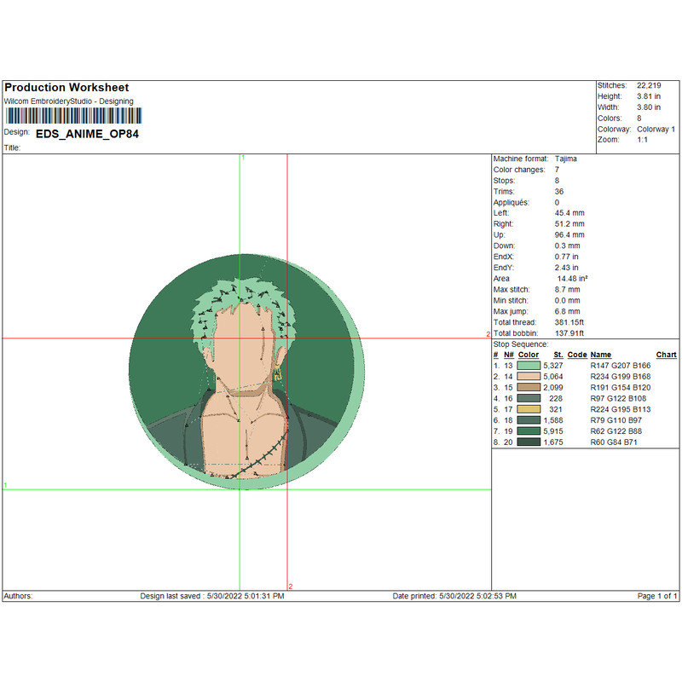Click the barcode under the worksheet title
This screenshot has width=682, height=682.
pyautogui.click(x=73, y=116)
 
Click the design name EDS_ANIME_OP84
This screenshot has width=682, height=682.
pyautogui.click(x=87, y=134)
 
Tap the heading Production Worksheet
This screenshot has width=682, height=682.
pyautogui.click(x=66, y=88)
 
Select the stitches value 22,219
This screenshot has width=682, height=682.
pyautogui.click(x=649, y=86)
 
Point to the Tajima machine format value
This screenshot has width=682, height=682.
pyautogui.click(x=566, y=159)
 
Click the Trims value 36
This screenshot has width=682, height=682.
pyautogui.click(x=559, y=191)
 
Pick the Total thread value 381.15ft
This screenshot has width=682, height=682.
pyautogui.click(x=569, y=322)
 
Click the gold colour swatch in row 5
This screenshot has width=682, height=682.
pyautogui.click(x=529, y=409)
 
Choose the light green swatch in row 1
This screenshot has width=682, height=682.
pyautogui.click(x=529, y=366)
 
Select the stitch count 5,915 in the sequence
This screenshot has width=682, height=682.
pyautogui.click(x=552, y=431)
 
